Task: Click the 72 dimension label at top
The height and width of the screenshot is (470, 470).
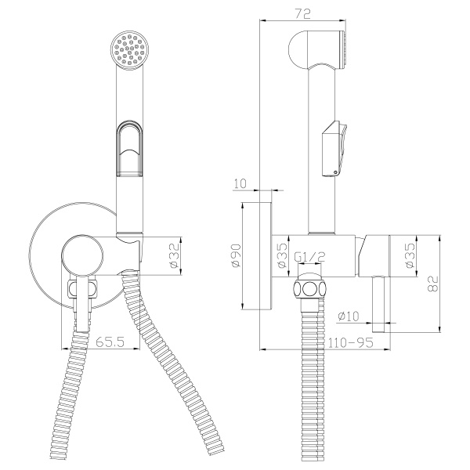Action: (x=302, y=14)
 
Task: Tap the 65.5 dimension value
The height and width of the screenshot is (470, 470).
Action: (x=110, y=342)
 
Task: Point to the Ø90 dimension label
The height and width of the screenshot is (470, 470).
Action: (x=236, y=255)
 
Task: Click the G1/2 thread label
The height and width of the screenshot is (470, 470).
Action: (x=310, y=257)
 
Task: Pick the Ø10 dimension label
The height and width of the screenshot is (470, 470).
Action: (x=349, y=316)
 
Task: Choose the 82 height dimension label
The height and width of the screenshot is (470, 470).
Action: (x=433, y=284)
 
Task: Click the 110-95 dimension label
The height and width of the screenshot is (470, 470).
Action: (x=350, y=342)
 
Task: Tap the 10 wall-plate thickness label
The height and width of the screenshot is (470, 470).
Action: (x=240, y=183)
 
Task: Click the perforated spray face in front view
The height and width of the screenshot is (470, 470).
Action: (x=129, y=50)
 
